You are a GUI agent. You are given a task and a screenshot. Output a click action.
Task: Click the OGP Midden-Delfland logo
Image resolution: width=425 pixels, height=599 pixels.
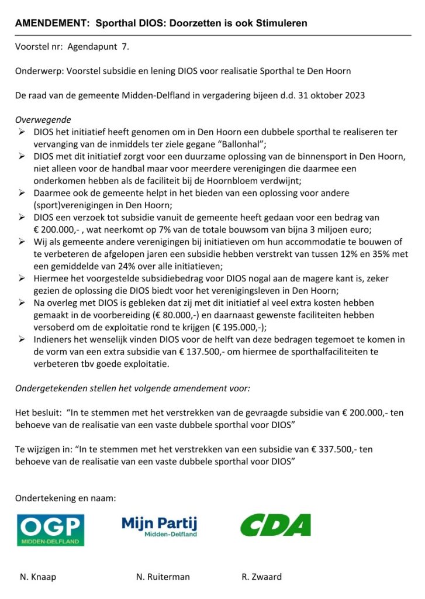(x=50, y=529)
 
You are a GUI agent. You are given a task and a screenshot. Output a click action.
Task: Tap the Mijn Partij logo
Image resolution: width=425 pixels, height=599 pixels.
(x=160, y=526)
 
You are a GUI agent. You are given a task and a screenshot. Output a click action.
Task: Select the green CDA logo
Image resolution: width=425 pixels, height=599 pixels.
(x=275, y=525)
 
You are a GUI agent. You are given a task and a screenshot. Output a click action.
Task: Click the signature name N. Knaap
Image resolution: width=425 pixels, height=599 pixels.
(x=38, y=577)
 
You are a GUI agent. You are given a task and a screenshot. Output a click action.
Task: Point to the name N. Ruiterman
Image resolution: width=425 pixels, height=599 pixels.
(x=163, y=577)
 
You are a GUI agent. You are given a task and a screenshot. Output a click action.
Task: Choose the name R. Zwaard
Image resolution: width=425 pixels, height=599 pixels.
(x=261, y=577)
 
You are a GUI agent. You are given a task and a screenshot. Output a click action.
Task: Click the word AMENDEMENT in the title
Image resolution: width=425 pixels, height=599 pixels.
(x=51, y=24)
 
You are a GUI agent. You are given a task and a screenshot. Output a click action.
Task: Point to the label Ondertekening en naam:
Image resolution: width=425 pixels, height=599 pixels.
(x=65, y=498)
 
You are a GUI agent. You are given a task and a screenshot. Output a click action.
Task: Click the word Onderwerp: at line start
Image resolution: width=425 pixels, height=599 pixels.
(x=39, y=71)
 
